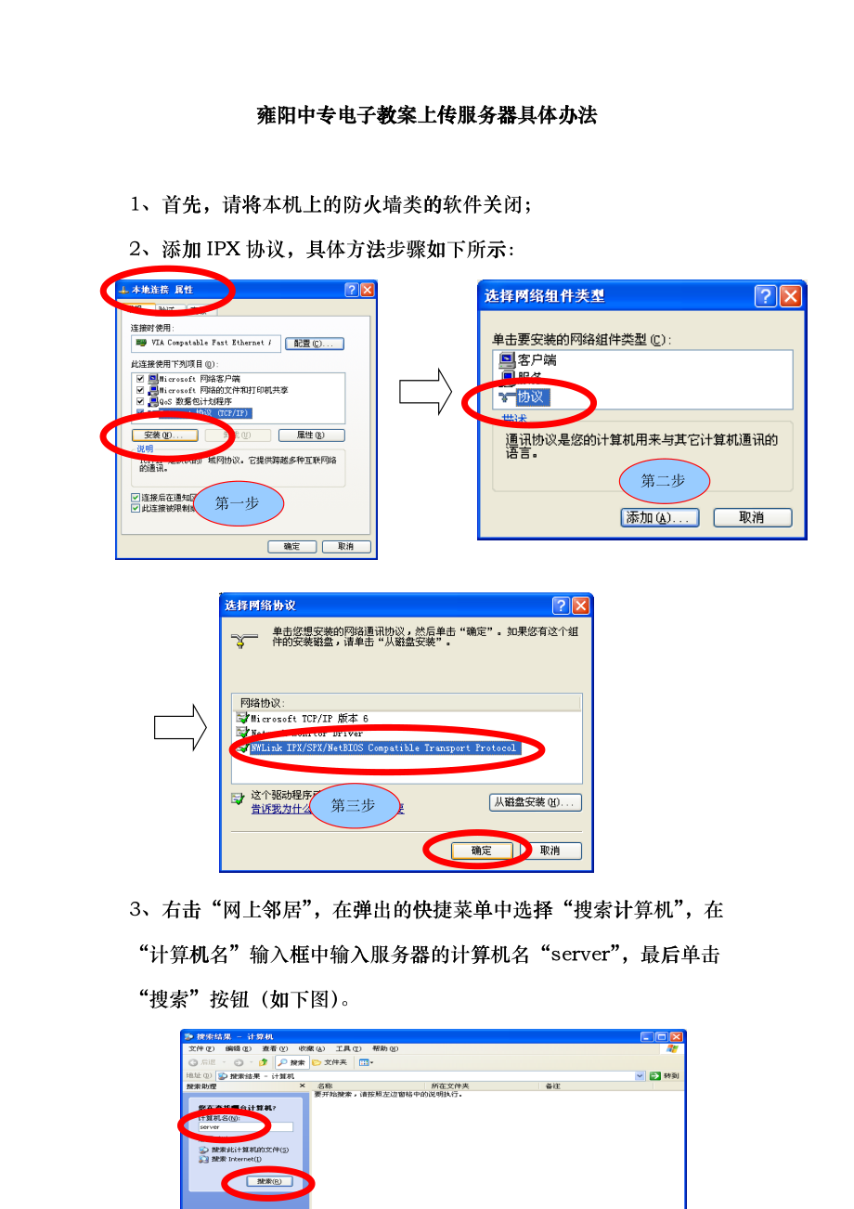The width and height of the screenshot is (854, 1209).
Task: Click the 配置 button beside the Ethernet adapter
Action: pos(315,344)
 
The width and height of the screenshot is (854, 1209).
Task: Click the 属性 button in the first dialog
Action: pos(311,435)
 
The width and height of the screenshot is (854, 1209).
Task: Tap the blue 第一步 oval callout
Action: pos(238,502)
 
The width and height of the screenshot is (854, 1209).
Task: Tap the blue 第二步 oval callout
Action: pos(664,480)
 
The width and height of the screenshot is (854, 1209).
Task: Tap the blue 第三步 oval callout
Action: pos(354,805)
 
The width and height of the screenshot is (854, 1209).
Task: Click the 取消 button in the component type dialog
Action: pos(752,517)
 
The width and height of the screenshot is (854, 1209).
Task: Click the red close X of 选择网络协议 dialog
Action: pos(580,605)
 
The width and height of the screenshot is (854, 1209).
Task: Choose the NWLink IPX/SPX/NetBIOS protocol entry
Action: pos(382,747)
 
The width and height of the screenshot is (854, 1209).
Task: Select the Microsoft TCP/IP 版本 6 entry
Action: pos(309,719)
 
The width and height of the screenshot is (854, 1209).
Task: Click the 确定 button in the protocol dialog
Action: pos(481,850)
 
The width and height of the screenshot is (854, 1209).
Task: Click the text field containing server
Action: pos(239,1126)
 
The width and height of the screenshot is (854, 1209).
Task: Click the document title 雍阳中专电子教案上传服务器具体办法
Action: pos(427,116)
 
